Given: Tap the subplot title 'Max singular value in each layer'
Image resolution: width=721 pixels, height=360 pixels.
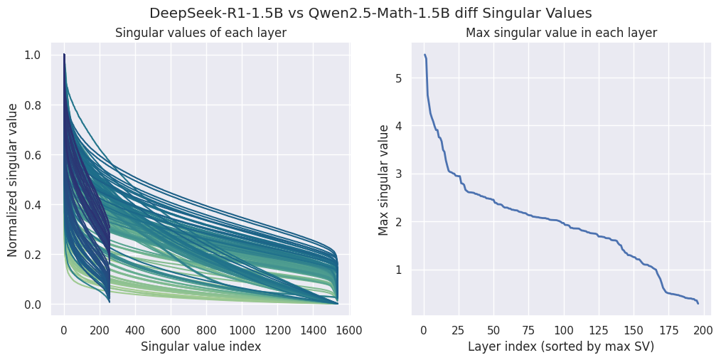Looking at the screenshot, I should pos(561,33).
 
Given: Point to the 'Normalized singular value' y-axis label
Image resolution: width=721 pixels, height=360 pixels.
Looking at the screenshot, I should pos(13,180).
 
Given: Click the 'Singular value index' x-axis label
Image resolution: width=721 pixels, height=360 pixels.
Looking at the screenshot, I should pos(201,346).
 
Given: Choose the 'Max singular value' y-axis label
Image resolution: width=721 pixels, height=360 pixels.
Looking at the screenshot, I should pos(385,180).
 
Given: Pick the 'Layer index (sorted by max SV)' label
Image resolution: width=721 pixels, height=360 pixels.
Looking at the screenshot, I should pos(561,346).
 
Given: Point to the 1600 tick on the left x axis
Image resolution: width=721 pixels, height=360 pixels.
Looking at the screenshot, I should pos(348,329).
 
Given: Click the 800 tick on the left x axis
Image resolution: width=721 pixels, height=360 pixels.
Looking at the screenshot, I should pos(206,329).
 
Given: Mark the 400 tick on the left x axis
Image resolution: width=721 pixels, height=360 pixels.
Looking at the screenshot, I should pos(135,329).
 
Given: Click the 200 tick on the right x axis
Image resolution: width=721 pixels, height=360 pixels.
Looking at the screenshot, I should pos(703,329).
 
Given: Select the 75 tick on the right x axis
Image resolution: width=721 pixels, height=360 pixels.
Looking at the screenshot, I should pos(528,329).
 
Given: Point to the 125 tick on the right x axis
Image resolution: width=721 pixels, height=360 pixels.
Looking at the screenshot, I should pos(598,329).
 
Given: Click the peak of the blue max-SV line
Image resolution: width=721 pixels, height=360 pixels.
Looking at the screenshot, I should pos(424,55).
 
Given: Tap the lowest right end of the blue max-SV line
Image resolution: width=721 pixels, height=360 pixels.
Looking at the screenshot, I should pos(698,304).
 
